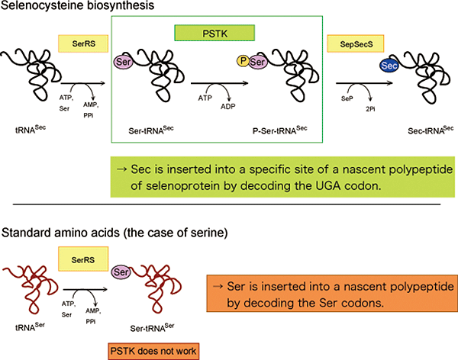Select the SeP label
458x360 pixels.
pos(346,99)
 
